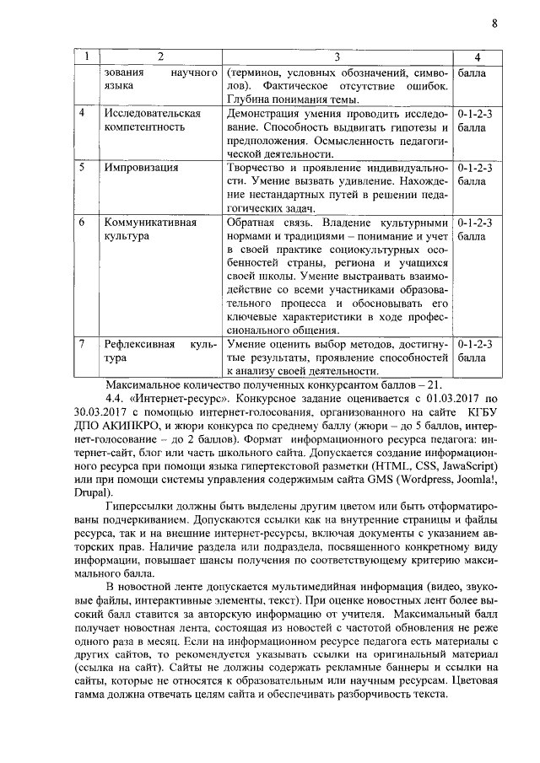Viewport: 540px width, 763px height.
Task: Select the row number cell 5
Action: [x=82, y=167]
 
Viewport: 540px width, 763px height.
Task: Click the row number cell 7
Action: [x=82, y=344]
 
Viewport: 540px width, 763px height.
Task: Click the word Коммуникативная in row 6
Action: [x=149, y=223]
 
